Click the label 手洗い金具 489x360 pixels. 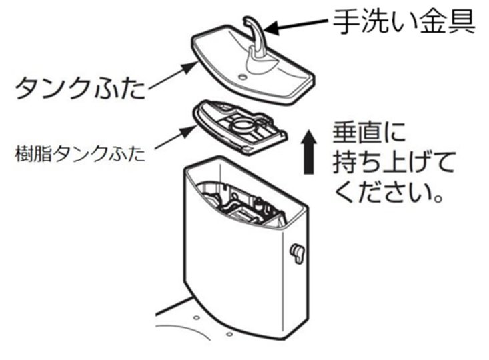point(404,21)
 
